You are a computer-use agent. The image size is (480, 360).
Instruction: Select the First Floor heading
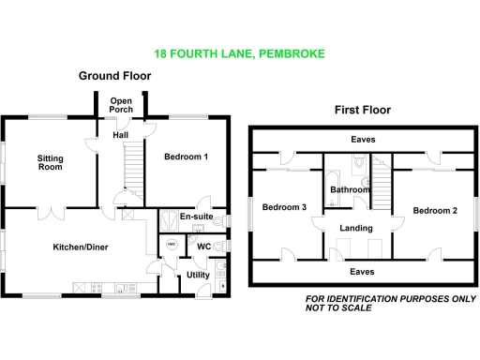tap(362, 110)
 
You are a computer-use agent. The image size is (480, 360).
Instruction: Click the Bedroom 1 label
tap(186, 157)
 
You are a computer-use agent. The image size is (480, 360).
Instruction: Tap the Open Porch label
tap(122, 105)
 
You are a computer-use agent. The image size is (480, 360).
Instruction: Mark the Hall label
tap(121, 135)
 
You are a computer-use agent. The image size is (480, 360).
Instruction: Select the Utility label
tap(197, 275)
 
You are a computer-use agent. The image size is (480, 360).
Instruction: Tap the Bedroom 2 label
tap(435, 210)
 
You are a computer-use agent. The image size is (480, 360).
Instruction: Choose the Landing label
tap(356, 228)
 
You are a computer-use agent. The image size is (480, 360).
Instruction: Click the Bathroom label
tap(350, 189)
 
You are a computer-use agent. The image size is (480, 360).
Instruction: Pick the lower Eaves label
tap(364, 271)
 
